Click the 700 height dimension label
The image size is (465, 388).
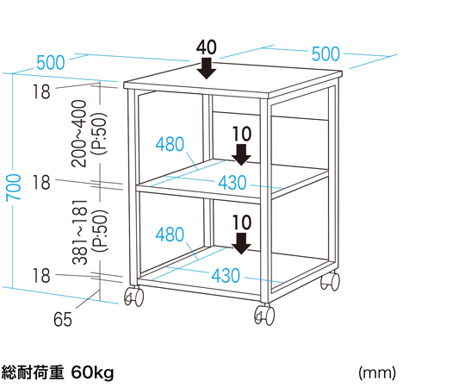click(14, 187)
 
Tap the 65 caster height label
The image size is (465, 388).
click(63, 319)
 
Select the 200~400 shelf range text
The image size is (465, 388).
click(79, 134)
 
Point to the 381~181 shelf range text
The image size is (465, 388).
click(80, 232)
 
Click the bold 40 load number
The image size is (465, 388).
click(207, 47)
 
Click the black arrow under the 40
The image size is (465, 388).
click(207, 68)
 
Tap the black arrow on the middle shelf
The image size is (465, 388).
click(241, 154)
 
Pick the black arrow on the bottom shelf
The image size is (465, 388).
click(241, 243)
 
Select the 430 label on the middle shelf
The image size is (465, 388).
click(232, 182)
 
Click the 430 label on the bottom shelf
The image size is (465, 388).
click(226, 276)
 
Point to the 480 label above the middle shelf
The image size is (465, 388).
click(170, 144)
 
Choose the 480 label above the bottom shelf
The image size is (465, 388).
click(170, 235)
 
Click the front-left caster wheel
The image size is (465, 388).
click(134, 296)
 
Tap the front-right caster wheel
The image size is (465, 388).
click(264, 315)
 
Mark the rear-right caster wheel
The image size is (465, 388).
click(331, 280)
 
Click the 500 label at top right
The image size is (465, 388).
click(325, 54)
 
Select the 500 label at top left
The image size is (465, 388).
click(51, 63)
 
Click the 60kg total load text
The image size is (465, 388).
click(93, 372)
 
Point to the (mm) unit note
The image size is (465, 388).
click(377, 372)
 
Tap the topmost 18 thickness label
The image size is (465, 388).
click(41, 91)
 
